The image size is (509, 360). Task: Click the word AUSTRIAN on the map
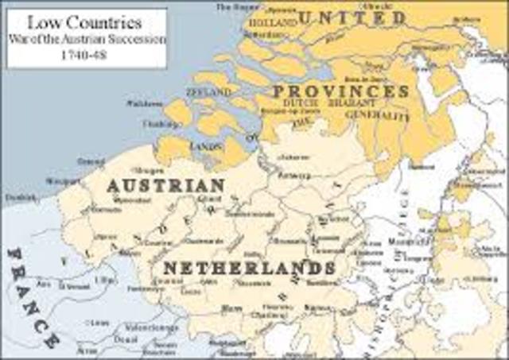click(165, 184)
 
